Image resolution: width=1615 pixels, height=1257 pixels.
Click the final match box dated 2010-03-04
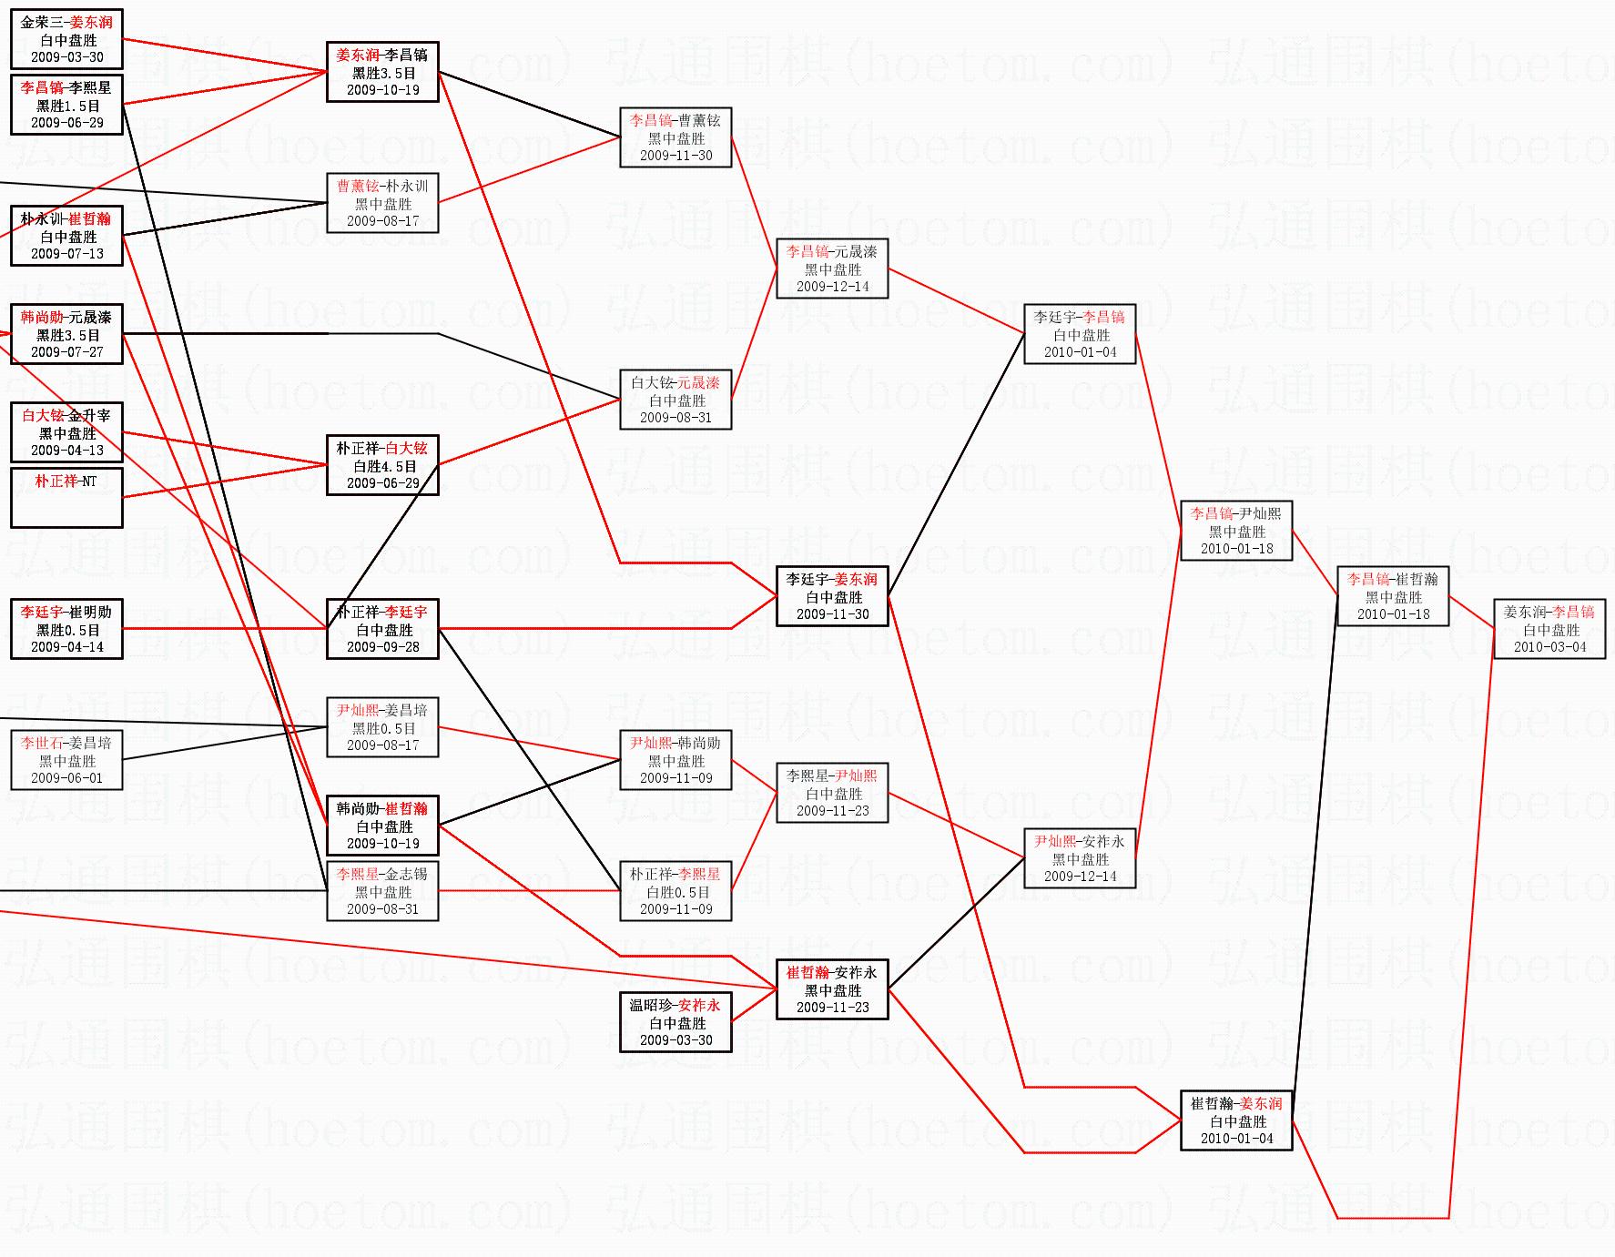point(1549,629)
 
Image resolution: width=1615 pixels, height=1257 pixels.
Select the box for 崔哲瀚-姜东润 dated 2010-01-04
point(1236,1120)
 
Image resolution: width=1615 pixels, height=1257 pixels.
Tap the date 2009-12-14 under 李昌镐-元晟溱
point(832,287)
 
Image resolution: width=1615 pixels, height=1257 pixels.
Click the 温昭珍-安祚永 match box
point(675,1022)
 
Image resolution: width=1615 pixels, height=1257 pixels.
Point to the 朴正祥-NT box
point(66,497)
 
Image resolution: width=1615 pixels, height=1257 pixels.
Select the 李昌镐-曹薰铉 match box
point(675,137)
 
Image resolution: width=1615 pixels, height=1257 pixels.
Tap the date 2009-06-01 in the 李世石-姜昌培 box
point(66,778)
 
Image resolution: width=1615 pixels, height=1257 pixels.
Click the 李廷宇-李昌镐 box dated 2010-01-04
point(1080,334)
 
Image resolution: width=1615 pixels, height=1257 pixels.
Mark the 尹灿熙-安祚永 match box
point(1080,858)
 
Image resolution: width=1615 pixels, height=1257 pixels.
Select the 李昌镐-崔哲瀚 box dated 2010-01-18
point(1393,596)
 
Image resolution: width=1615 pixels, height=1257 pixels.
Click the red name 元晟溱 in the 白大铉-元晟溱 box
point(697,383)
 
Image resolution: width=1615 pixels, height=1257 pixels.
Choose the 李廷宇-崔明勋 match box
point(66,629)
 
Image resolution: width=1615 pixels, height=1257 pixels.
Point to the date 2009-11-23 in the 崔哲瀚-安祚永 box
point(832,1008)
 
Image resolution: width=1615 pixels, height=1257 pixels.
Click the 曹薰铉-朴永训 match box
point(382,203)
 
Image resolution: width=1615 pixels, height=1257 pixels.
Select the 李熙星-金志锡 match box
point(382,891)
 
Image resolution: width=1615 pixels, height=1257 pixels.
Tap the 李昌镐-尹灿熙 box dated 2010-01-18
point(1236,531)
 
